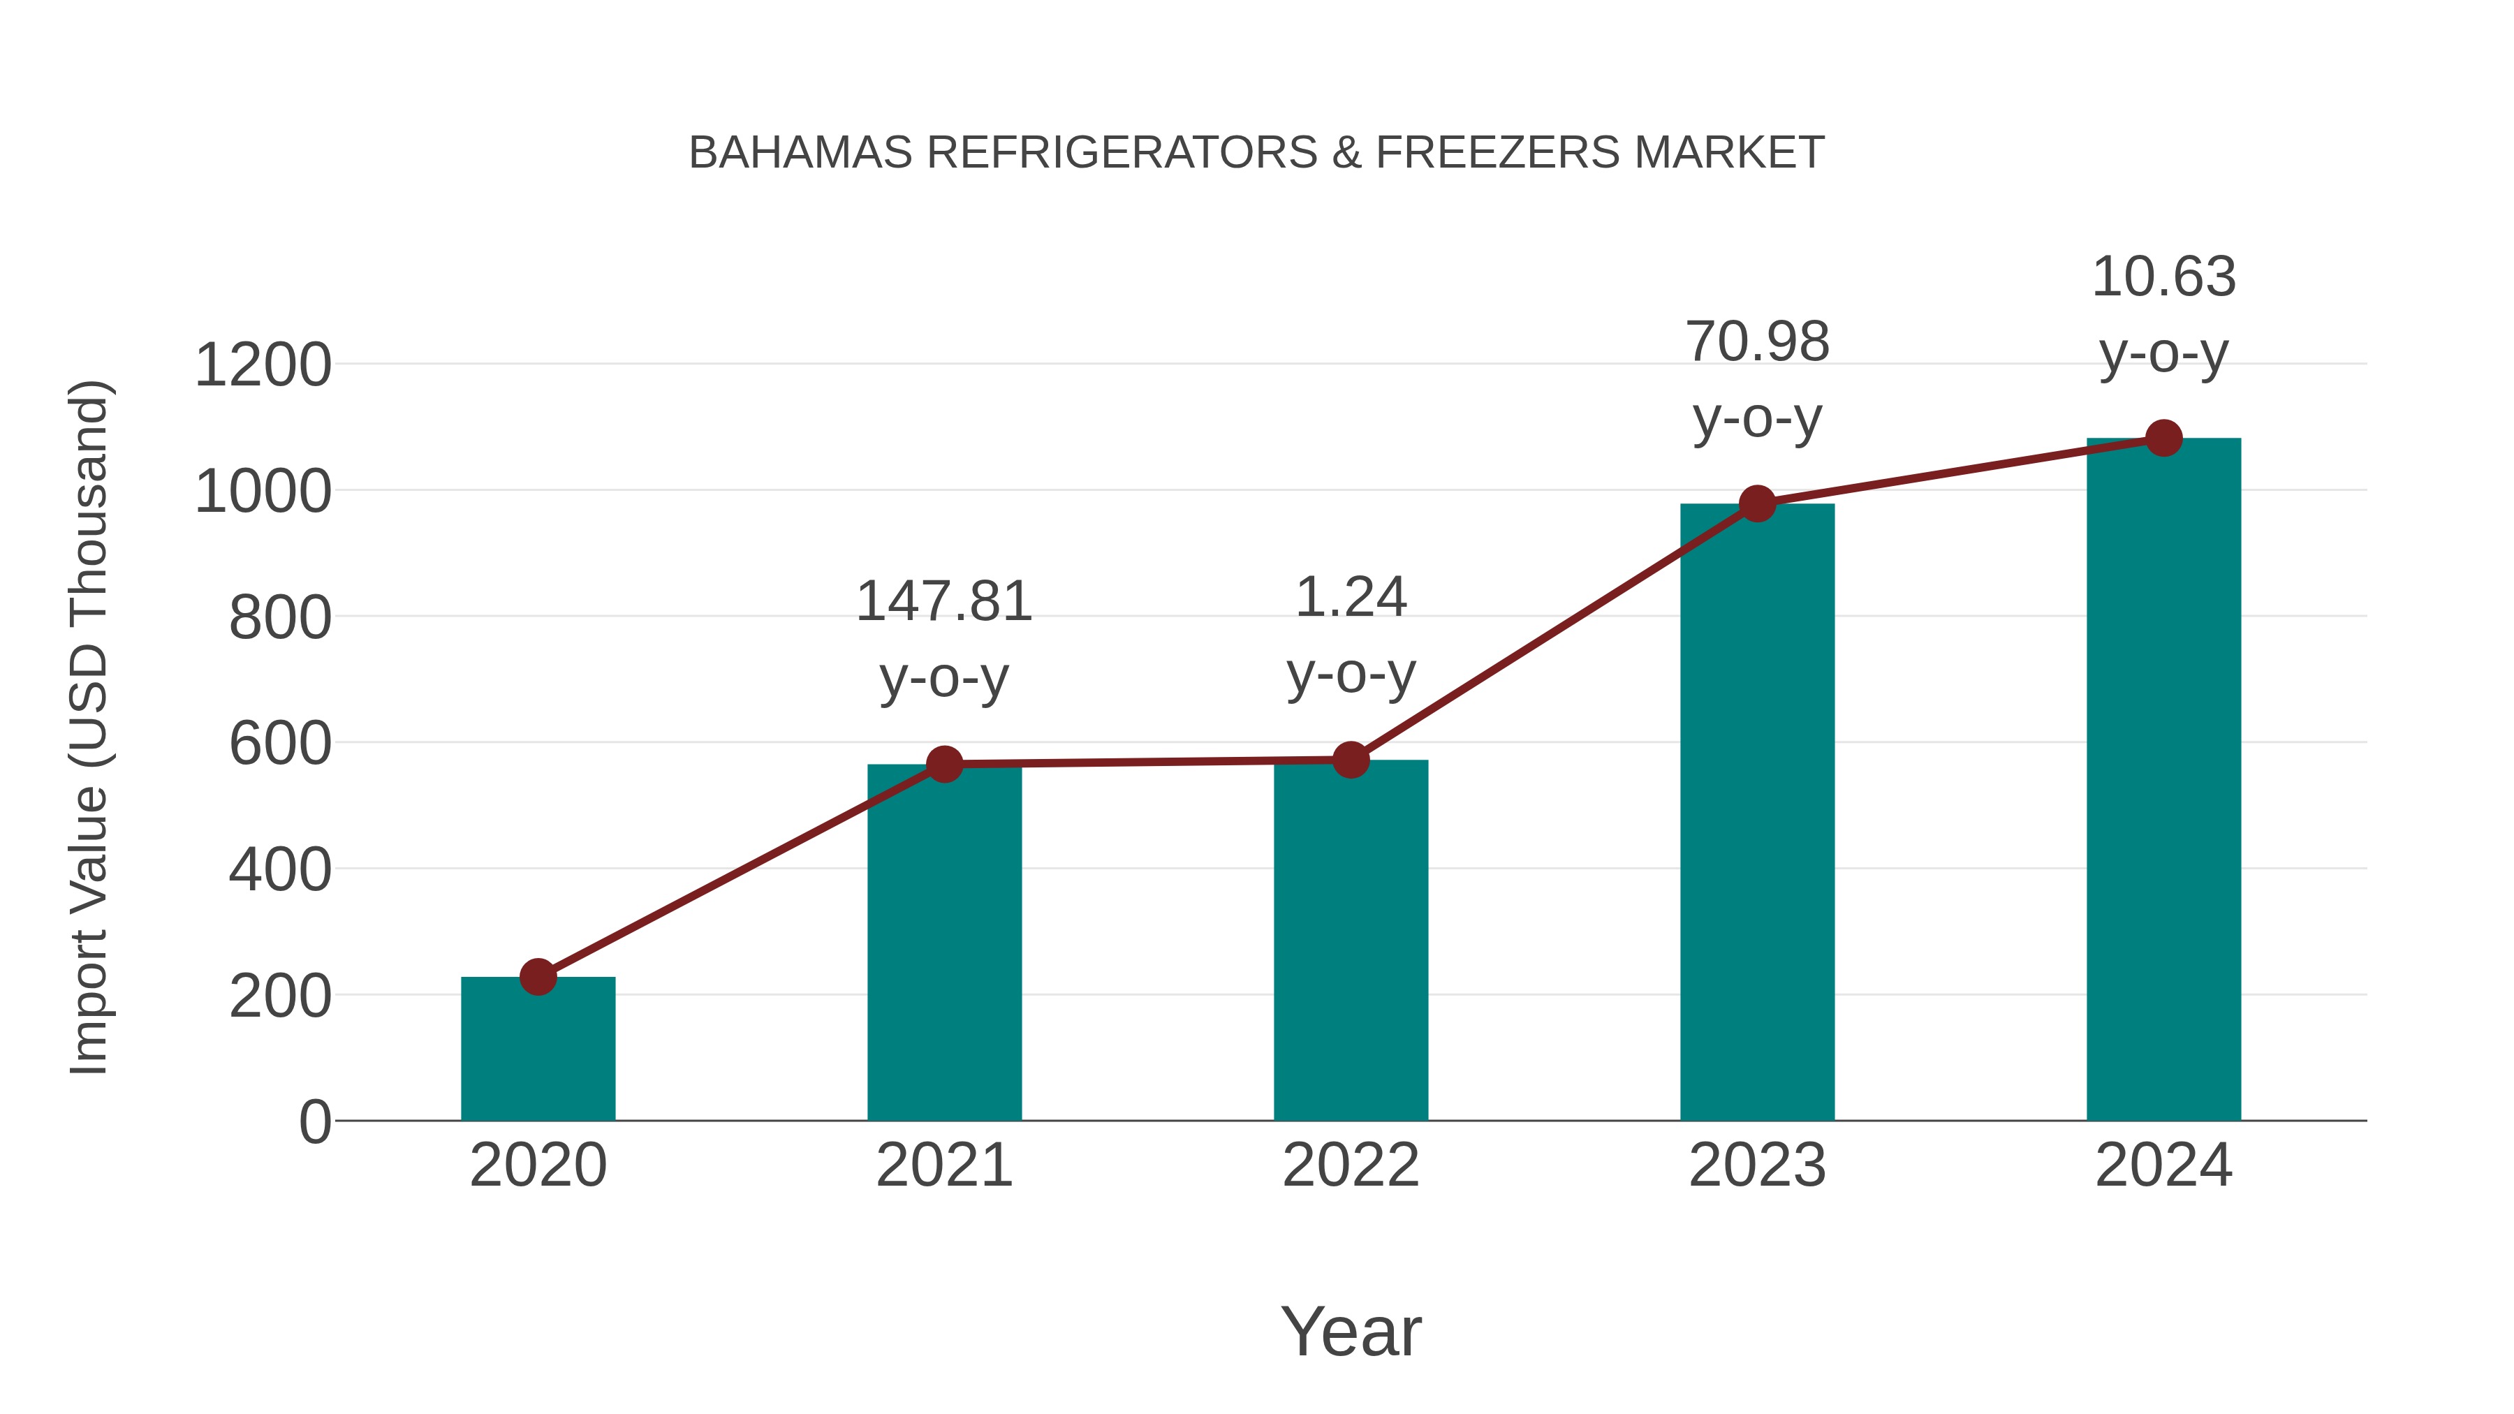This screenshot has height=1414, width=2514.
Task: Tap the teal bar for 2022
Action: pos(1351,940)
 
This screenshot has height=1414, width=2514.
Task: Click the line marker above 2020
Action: pos(538,976)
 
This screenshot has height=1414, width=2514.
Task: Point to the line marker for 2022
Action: pos(1351,759)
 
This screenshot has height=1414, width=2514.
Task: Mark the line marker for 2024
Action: pos(2163,438)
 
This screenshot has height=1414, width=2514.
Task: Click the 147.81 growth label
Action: pos(943,602)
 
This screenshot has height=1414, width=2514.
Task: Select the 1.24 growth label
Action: pos(1351,597)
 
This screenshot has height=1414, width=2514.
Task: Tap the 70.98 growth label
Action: pos(1757,343)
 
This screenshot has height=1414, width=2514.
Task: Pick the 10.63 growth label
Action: pos(2163,277)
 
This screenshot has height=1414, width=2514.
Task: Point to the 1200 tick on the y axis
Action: pos(263,366)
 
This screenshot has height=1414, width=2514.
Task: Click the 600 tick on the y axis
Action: pos(279,744)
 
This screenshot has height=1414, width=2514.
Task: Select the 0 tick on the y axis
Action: pos(314,1121)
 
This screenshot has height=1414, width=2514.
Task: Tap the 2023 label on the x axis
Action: pos(1757,1165)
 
